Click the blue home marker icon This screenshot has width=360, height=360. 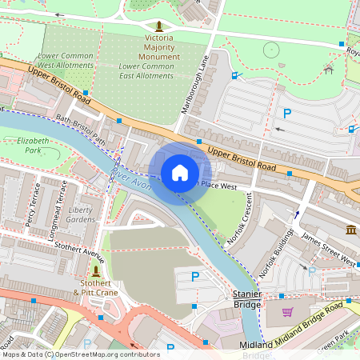tap(180, 173)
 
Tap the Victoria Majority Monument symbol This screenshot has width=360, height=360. tap(158, 26)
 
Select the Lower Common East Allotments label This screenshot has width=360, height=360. tap(146, 70)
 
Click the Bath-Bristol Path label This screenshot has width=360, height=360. tap(81, 129)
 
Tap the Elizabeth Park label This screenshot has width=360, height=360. tap(33, 145)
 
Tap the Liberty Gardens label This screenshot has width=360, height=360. tap(80, 214)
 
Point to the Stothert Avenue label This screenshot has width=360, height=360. tap(79, 255)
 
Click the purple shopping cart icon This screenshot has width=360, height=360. tap(287, 312)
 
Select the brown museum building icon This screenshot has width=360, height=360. tap(350, 230)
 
